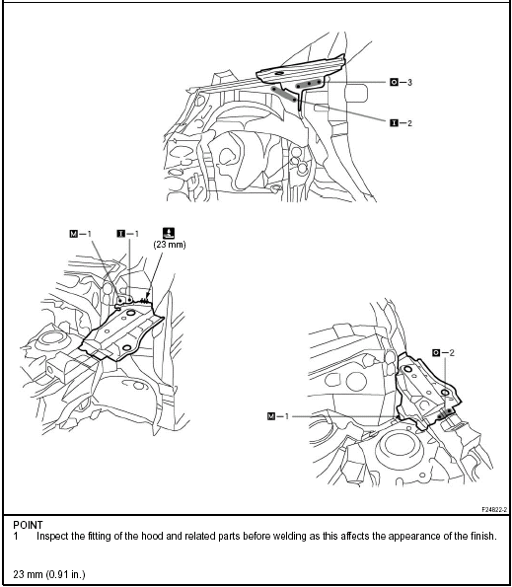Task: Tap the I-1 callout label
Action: (x=125, y=234)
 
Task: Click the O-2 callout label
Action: (x=442, y=352)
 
